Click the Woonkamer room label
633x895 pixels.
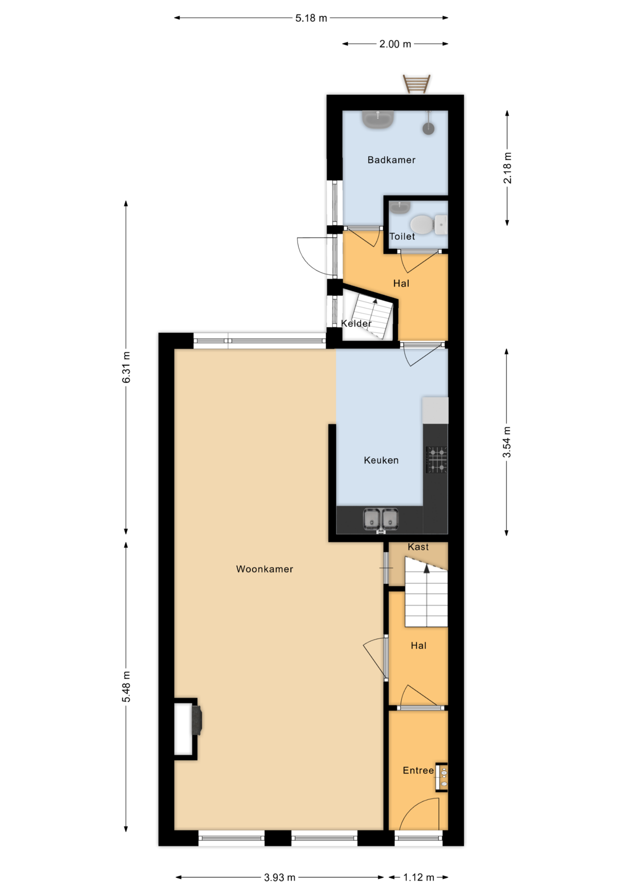coord(264,569)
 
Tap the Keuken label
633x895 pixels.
coord(381,461)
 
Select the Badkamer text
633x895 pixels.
coord(392,160)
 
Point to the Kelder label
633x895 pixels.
coord(356,324)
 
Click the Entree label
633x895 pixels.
coord(418,771)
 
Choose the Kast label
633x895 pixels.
coord(418,547)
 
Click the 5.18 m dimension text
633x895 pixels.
coord(311,18)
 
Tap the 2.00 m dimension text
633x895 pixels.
coord(395,44)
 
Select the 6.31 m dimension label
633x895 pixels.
coord(126,367)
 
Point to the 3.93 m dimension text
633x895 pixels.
coord(280,878)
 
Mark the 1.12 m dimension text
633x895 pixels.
coord(419,878)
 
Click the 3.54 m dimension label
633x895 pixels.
coord(507,442)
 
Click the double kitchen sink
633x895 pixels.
coord(381,520)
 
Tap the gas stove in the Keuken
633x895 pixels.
coord(437,460)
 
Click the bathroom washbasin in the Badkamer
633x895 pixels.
coord(378,119)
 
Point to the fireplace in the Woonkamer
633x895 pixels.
coord(188,730)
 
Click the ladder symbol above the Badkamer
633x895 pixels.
coord(417,84)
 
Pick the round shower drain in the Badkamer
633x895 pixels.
coord(428,129)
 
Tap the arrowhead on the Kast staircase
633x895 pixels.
coord(427,569)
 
